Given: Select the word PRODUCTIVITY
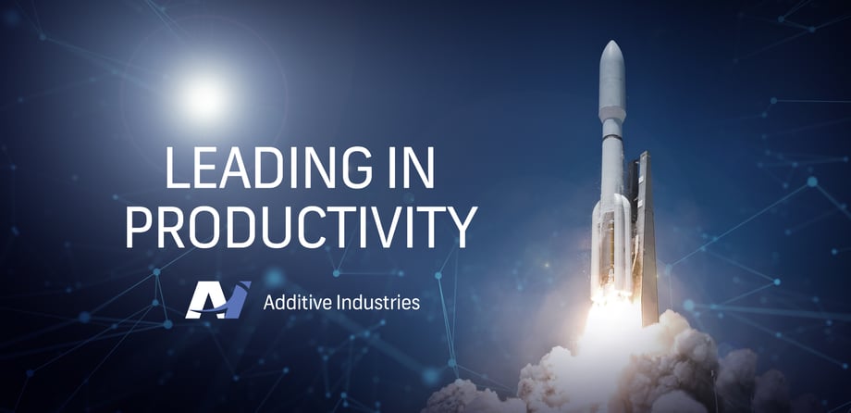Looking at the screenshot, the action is [302, 227].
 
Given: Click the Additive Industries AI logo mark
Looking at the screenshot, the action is [217, 299].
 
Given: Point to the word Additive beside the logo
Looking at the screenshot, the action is [296, 302].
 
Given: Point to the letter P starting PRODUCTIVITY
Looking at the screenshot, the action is [140, 227].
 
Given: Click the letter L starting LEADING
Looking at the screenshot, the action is [177, 168].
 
